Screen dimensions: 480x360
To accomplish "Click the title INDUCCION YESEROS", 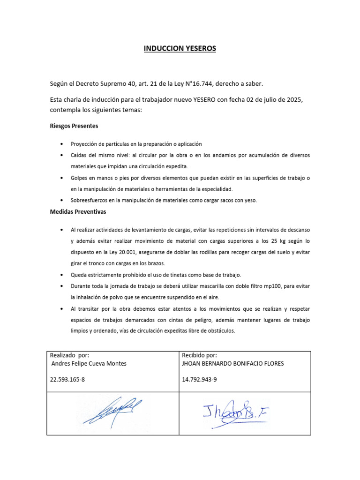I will coord(180,48).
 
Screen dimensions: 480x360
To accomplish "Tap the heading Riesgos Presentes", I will coord(74,126).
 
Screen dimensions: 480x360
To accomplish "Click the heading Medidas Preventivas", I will coord(78,211).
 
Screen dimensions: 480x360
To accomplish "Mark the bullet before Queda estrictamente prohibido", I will coord(62,275).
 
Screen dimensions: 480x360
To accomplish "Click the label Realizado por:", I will coord(69,356).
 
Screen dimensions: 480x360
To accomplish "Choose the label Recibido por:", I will coord(199,356).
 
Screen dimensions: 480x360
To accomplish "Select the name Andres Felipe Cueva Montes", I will coord(88,364).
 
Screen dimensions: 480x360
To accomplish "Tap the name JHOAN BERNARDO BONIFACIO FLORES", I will coord(232,364).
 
